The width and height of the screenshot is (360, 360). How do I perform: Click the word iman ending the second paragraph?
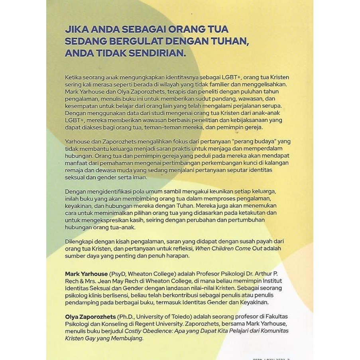tap(140, 178)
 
